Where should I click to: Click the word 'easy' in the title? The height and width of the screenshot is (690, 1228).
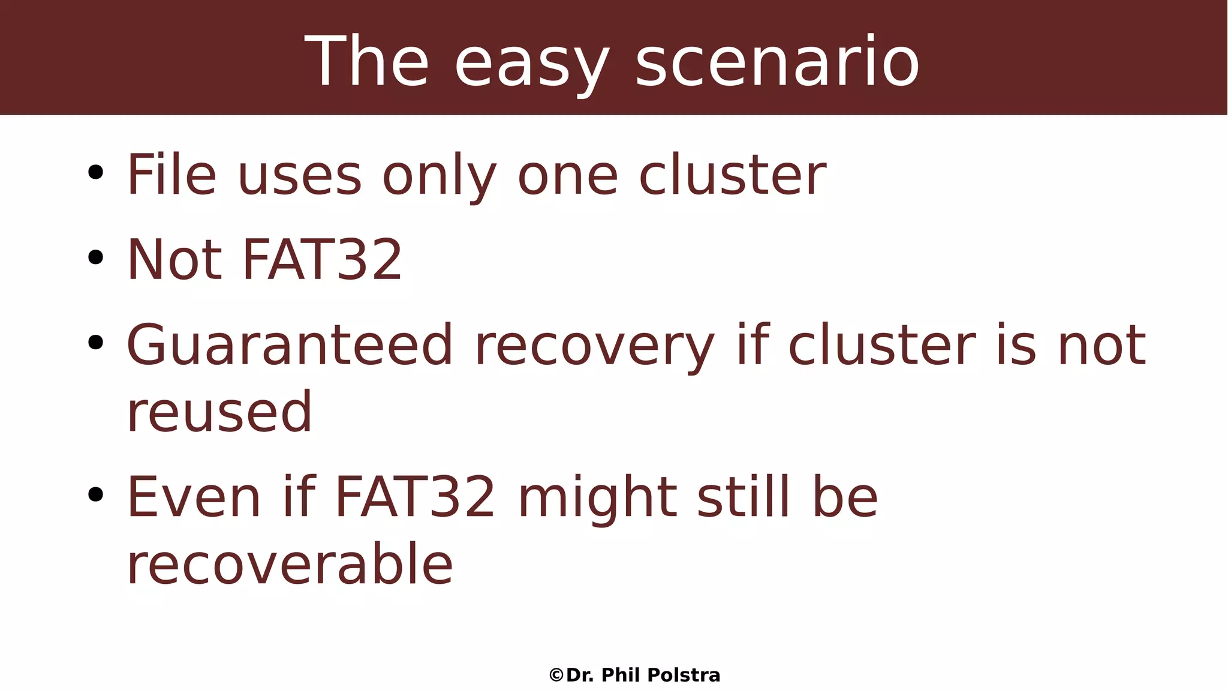532,63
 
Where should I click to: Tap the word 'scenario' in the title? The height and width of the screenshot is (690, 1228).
777,62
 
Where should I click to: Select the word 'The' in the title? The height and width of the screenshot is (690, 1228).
367,62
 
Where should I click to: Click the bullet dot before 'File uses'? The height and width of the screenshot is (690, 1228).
95,173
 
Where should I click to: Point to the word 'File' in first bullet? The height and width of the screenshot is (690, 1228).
171,175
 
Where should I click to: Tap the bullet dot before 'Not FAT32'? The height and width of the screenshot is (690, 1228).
95,258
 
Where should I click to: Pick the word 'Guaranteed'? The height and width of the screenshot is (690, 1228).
290,345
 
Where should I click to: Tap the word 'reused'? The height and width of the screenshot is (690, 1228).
219,412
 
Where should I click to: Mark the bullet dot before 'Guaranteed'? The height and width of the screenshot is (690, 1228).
95,343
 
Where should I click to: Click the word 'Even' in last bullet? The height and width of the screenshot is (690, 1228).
194,497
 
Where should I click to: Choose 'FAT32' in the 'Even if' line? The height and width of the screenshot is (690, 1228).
414,497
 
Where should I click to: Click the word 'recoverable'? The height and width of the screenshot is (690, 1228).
290,564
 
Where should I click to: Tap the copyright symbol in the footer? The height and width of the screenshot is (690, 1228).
556,676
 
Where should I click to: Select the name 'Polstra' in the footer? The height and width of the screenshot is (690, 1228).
684,676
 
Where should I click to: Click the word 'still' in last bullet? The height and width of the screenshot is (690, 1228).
743,497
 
